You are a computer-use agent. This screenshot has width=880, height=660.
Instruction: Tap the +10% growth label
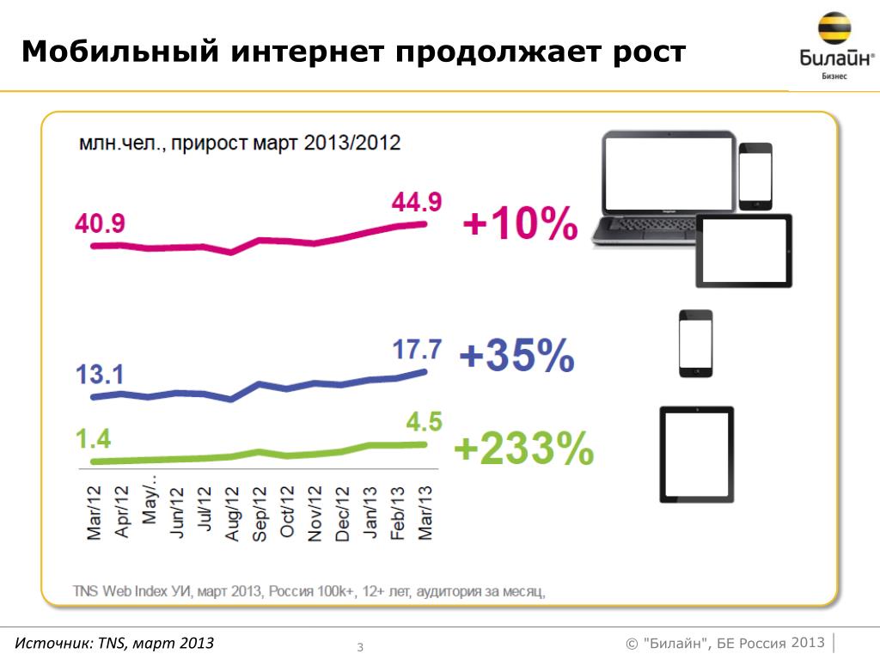coord(520,225)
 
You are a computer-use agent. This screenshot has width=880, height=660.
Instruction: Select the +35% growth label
coord(516,356)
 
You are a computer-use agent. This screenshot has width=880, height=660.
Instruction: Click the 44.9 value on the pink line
coord(417,203)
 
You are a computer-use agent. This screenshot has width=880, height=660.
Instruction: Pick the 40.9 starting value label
coord(101,224)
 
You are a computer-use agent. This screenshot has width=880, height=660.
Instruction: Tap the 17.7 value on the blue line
coord(417,350)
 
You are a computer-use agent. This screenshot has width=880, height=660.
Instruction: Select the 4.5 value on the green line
coord(423,423)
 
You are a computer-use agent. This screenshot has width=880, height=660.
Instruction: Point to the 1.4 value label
coord(94,439)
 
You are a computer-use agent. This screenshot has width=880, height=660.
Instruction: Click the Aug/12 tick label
coord(231,512)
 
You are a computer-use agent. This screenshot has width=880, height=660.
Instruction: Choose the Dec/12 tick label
coord(342,512)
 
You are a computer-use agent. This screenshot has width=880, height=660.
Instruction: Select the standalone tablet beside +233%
coord(696,452)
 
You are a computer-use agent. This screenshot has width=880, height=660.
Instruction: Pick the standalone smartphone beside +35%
coord(695,343)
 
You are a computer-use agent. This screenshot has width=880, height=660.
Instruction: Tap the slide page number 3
coord(361,646)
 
